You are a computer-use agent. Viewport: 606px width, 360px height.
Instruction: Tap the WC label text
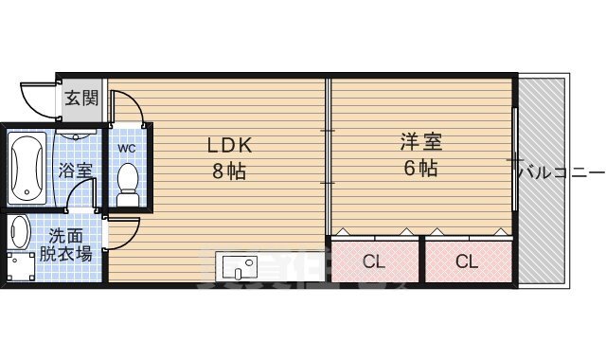pyautogui.click(x=127, y=149)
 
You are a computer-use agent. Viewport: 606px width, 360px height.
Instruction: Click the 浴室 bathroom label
pyautogui.click(x=76, y=171)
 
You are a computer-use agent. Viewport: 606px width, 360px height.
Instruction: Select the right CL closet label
pyautogui.click(x=465, y=261)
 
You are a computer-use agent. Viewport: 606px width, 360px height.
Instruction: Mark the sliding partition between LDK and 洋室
pyautogui.click(x=328, y=156)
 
